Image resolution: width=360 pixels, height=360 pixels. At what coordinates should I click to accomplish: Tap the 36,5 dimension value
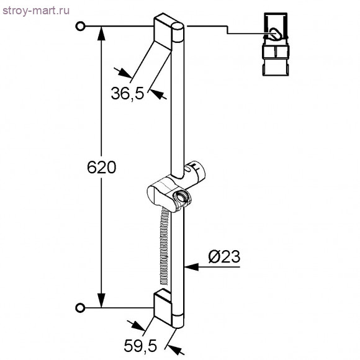127,94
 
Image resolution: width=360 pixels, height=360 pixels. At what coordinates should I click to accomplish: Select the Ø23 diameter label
224,255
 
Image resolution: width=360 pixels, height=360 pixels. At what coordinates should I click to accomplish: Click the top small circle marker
79,26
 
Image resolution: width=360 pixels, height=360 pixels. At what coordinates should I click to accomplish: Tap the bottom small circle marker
79,307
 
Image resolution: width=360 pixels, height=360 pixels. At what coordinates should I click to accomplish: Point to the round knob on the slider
182,198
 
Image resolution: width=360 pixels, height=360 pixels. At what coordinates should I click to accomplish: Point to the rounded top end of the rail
179,29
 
